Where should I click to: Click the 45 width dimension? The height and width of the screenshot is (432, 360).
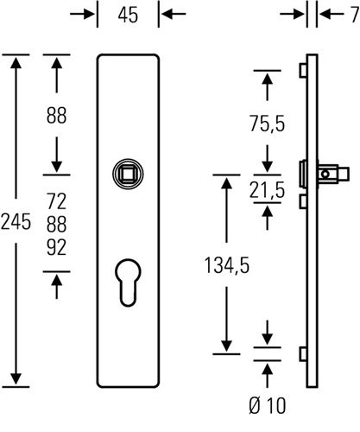tap(128, 15)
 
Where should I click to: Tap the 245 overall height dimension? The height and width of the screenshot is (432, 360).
tap(16, 222)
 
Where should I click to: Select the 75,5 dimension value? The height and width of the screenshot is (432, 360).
tap(268, 124)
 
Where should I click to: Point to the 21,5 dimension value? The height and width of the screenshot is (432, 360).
tap(268, 190)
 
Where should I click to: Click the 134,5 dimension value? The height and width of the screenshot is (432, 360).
tap(227, 265)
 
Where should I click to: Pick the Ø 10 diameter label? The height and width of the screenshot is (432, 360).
tap(268, 405)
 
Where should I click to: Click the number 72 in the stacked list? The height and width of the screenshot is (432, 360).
tap(57, 201)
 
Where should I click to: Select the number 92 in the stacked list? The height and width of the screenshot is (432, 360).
tap(57, 247)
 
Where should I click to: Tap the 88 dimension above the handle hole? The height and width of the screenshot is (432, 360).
tap(57, 116)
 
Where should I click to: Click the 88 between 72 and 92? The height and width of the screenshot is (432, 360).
tap(57, 225)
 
